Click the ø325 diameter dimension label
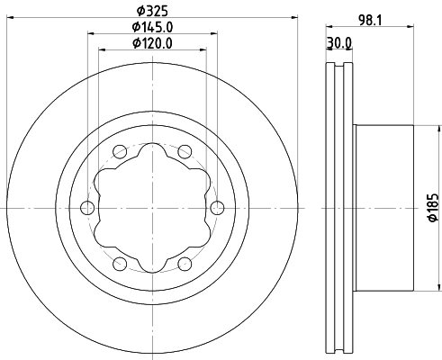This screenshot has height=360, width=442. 152,11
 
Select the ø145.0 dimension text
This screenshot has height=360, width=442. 152,27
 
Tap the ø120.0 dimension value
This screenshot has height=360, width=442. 152,43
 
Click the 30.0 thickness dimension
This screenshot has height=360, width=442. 339,42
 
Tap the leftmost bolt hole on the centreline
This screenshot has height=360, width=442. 87,208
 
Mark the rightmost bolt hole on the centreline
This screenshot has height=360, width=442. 217,208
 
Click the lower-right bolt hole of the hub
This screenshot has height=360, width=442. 185,264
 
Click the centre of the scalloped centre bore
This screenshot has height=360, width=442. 152,208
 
